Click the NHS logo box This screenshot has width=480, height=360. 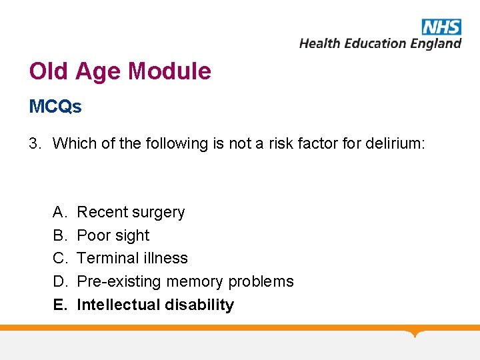[441, 27]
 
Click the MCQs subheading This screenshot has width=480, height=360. [55, 107]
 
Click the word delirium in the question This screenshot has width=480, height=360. [394, 143]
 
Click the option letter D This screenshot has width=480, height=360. [59, 281]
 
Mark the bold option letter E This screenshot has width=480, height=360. [59, 305]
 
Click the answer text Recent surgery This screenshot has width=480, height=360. [131, 212]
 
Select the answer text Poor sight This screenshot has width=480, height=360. [113, 235]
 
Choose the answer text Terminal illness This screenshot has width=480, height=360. [133, 258]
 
